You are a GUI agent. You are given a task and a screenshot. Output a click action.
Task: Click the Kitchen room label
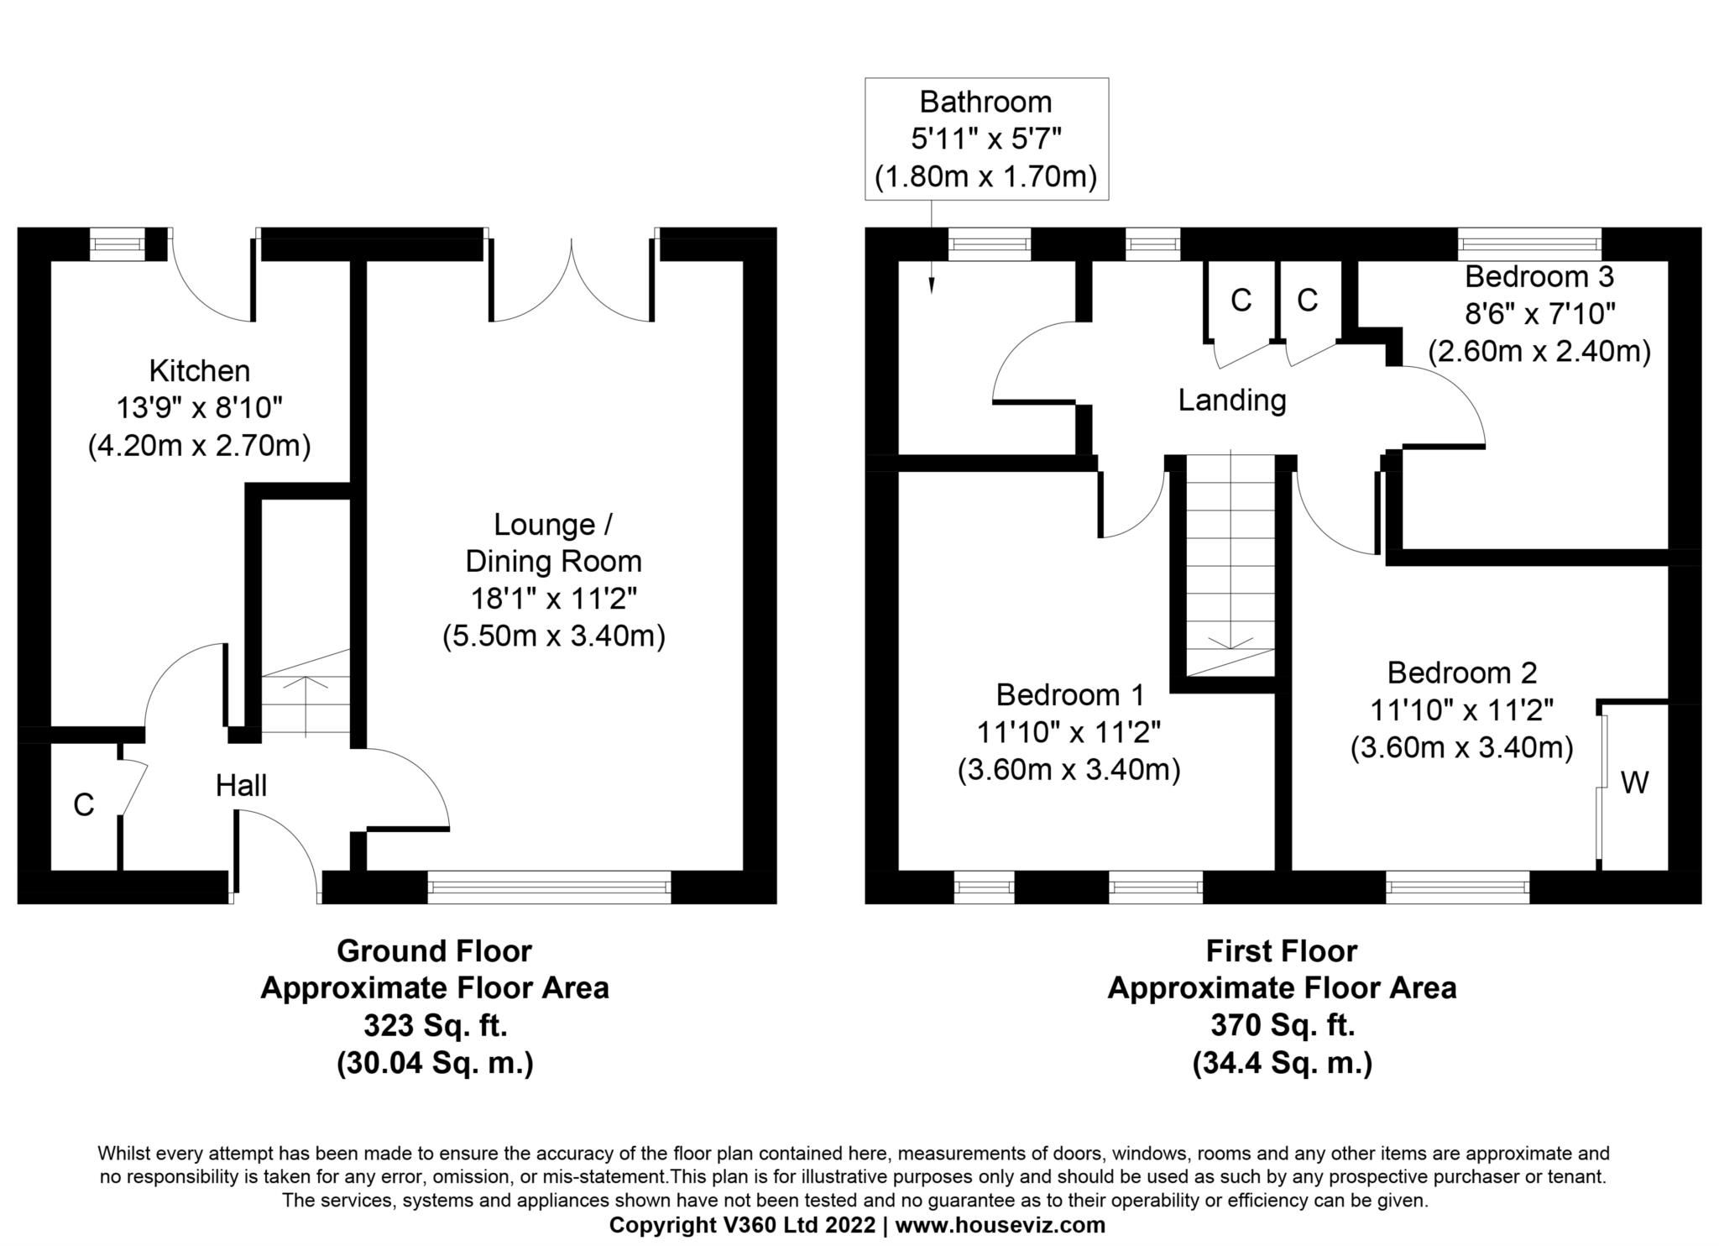pyautogui.click(x=199, y=370)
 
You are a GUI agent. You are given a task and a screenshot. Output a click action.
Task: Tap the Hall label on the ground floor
pyautogui.click(x=241, y=786)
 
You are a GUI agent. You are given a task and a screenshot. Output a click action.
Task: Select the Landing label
pyautogui.click(x=1231, y=400)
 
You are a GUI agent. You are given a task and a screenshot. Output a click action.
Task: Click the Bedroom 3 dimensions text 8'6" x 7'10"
pyautogui.click(x=1539, y=314)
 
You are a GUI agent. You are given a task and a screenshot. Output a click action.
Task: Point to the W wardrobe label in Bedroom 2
pyautogui.click(x=1633, y=783)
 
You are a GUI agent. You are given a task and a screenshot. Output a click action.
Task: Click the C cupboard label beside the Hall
pyautogui.click(x=83, y=805)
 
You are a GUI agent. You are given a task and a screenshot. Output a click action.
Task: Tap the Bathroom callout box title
pyautogui.click(x=985, y=102)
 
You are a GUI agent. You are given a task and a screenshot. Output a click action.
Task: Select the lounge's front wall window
pyautogui.click(x=549, y=887)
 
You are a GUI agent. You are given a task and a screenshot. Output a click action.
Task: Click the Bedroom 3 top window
pyautogui.click(x=1529, y=244)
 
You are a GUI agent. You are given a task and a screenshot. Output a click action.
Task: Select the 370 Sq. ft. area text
pyautogui.click(x=1282, y=1025)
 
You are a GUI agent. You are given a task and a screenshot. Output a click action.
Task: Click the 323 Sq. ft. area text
pyautogui.click(x=434, y=1025)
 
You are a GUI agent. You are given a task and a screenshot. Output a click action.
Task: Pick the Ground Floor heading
pyautogui.click(x=434, y=951)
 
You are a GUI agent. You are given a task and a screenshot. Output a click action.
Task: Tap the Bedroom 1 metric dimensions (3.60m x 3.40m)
pyautogui.click(x=1068, y=770)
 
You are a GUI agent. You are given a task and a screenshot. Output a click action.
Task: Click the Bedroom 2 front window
pyautogui.click(x=1457, y=887)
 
